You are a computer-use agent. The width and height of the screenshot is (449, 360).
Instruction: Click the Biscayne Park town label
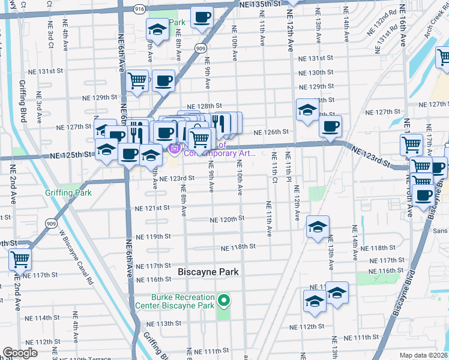pyautogui.click(x=208, y=272)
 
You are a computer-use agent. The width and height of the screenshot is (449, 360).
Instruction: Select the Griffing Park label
pyautogui.click(x=68, y=193)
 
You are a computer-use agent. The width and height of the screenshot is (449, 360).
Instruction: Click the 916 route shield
pyautogui.click(x=139, y=9)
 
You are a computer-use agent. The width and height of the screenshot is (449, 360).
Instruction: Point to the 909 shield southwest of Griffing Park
pyautogui.click(x=51, y=222)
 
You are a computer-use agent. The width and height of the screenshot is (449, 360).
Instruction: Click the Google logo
pyautogui.click(x=20, y=353)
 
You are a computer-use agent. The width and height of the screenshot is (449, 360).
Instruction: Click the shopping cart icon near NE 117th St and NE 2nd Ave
pyautogui.click(x=20, y=260)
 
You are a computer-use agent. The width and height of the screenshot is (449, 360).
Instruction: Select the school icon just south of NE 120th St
pyautogui.click(x=318, y=227)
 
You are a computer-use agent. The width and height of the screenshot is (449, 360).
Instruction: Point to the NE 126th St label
pyautogui.click(x=271, y=132)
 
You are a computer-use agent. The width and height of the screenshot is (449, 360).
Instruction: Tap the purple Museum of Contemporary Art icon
pyautogui.click(x=175, y=148)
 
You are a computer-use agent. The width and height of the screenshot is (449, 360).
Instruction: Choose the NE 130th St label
pyautogui.click(x=316, y=73)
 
